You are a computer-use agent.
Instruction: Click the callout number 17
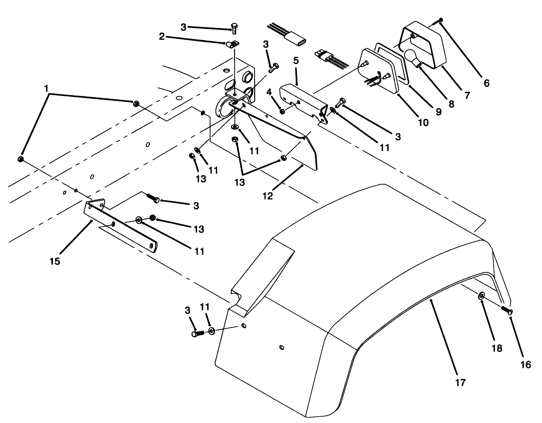tap(461, 382)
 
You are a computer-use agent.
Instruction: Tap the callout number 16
tap(525, 365)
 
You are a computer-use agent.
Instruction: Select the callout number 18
tap(497, 348)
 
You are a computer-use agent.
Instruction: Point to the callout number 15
tap(55, 261)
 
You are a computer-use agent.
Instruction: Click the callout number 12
tap(268, 196)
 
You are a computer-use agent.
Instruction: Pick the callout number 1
tap(47, 88)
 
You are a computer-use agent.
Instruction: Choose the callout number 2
tap(161, 37)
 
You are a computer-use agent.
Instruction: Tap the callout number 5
tap(296, 61)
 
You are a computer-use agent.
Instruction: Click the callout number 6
tap(486, 83)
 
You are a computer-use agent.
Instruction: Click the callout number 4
tap(269, 92)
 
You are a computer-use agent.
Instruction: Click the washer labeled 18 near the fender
tap(482, 296)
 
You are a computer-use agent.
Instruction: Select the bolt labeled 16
tap(506, 310)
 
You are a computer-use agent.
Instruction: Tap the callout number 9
tap(438, 112)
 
